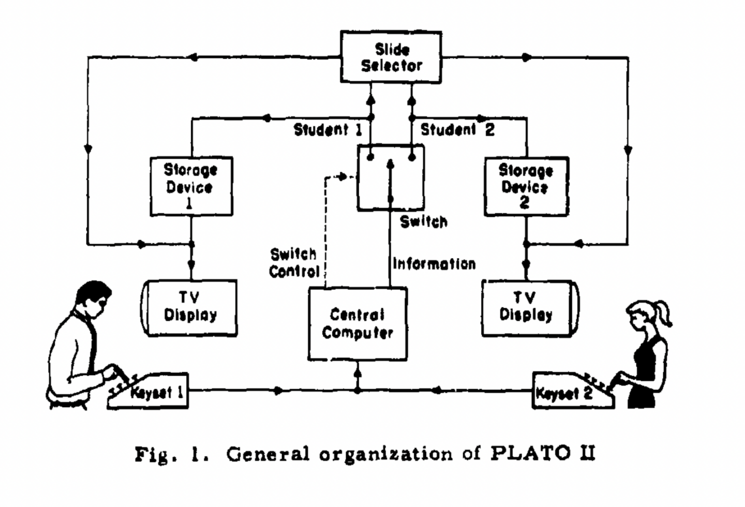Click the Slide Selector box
point(391,57)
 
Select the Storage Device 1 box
point(191,186)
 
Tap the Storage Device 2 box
point(526,186)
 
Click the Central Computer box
point(357,324)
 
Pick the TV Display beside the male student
point(190,308)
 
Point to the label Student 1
point(327,129)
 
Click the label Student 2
point(457,129)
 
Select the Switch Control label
point(294,263)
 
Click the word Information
point(434,264)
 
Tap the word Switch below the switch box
point(423,222)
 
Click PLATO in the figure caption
point(534,453)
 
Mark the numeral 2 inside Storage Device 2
point(525,202)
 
